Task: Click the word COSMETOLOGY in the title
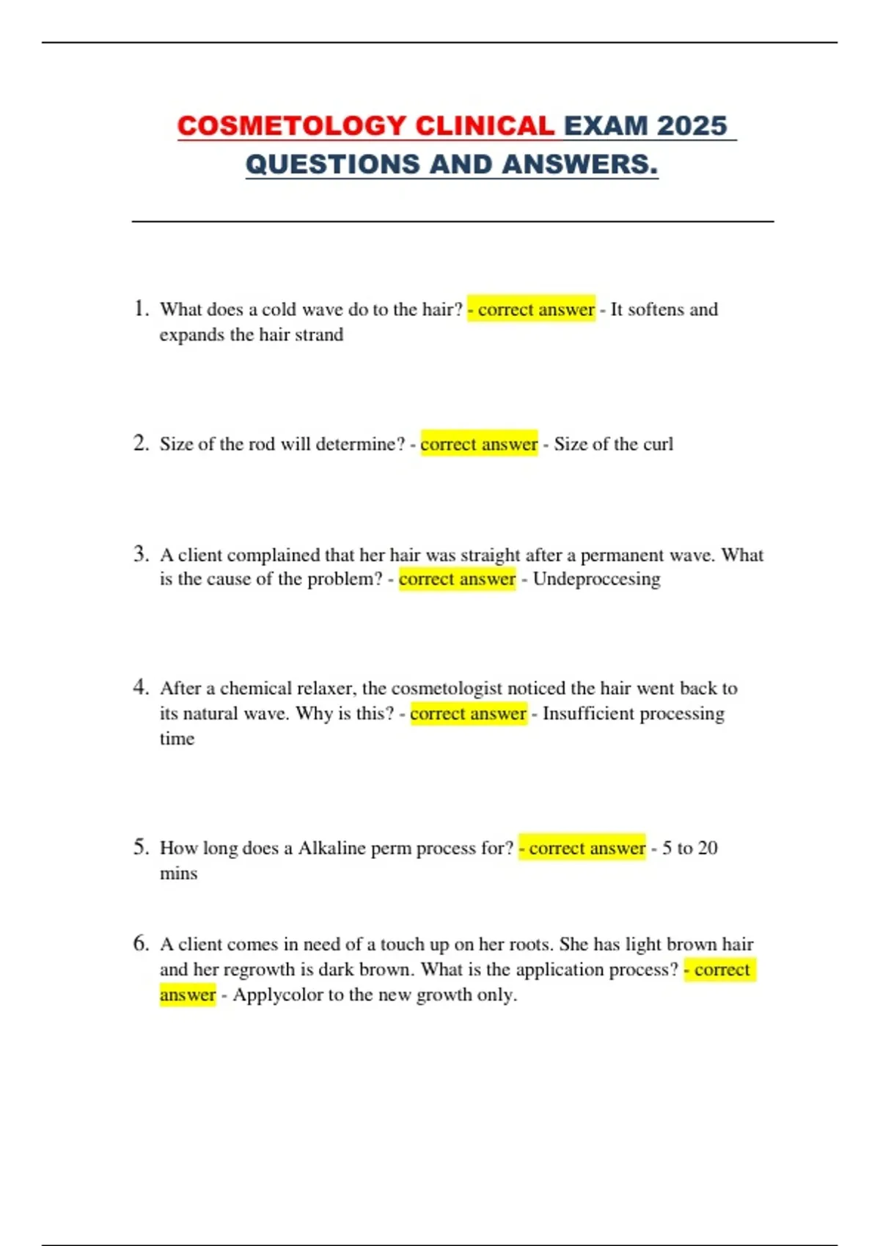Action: point(291,126)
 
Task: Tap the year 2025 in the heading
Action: point(692,126)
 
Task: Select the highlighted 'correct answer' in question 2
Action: point(479,444)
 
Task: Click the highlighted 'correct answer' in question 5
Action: point(583,848)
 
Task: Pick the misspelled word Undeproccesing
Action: point(596,579)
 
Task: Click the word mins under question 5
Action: point(178,874)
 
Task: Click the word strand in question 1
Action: point(318,335)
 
